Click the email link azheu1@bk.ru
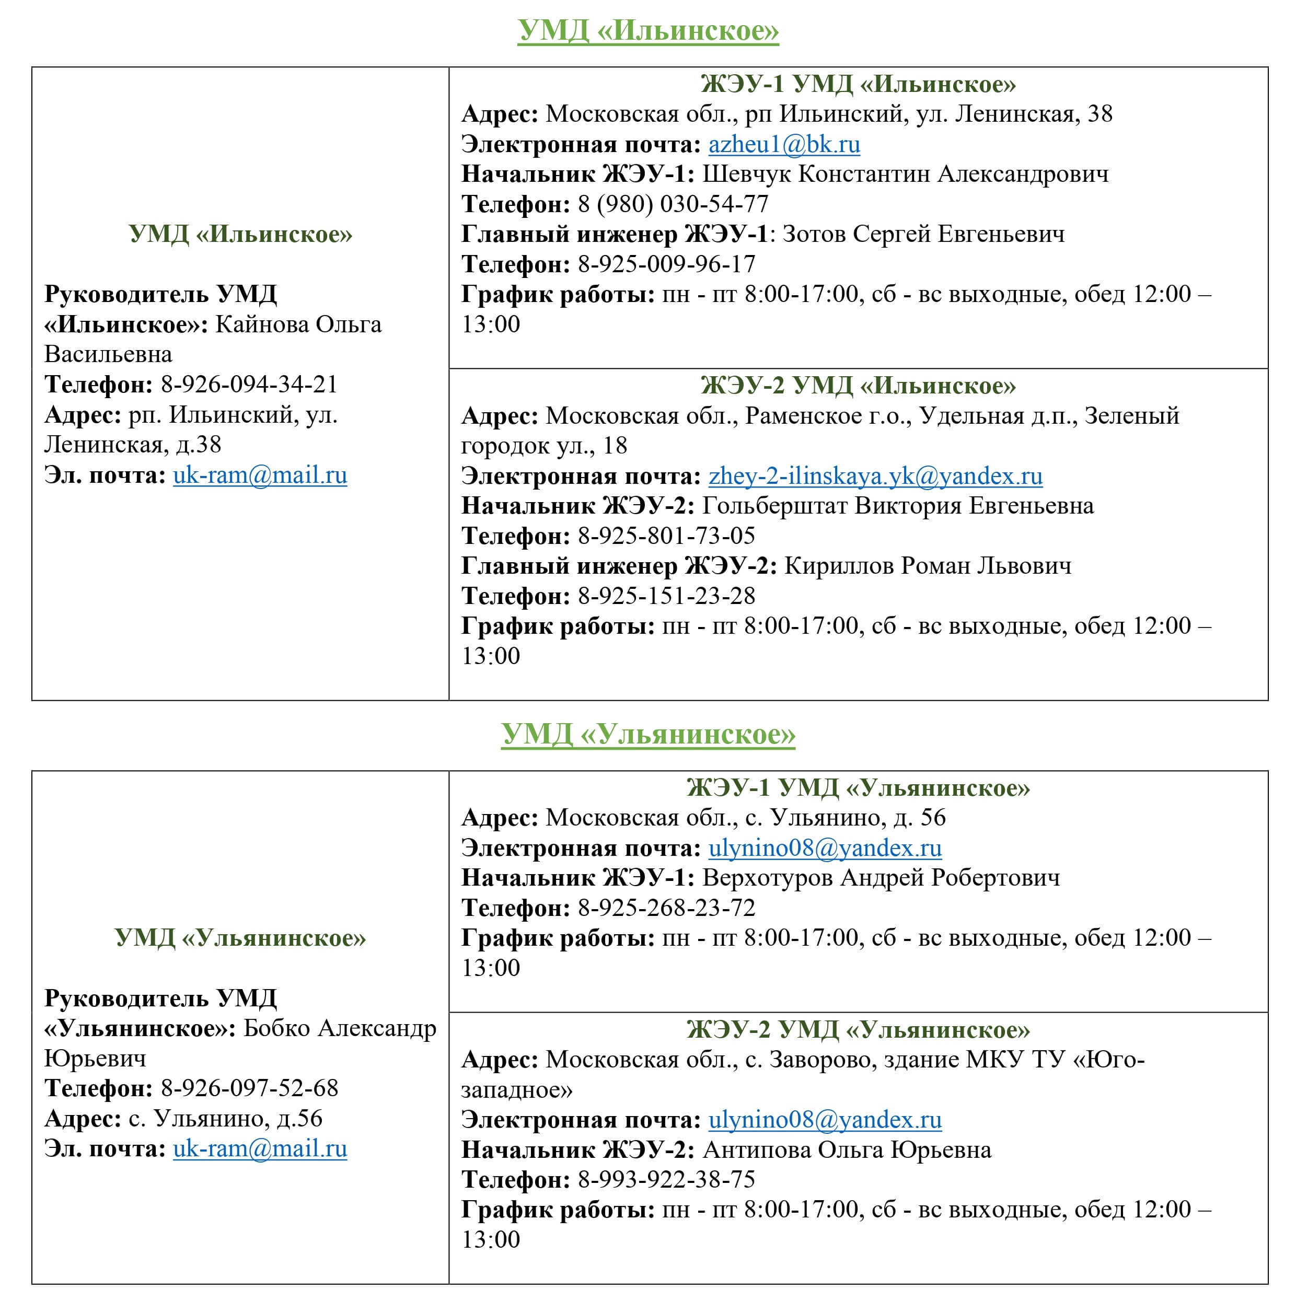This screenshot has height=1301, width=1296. (x=784, y=145)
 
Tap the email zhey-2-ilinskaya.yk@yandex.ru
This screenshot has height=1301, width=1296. (x=875, y=477)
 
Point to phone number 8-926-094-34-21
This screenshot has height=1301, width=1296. (x=249, y=385)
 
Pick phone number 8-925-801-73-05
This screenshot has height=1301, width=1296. (x=666, y=537)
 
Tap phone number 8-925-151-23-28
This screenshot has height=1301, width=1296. (x=666, y=597)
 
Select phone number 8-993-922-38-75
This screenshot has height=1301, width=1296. (x=666, y=1180)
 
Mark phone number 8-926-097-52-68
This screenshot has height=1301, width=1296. (x=249, y=1088)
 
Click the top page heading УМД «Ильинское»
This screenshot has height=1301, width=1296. (x=648, y=31)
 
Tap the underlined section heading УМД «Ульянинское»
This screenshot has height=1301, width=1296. (x=648, y=735)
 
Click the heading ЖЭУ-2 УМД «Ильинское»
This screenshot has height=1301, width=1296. (x=858, y=386)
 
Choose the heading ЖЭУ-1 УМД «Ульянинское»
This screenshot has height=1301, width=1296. (x=858, y=788)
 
